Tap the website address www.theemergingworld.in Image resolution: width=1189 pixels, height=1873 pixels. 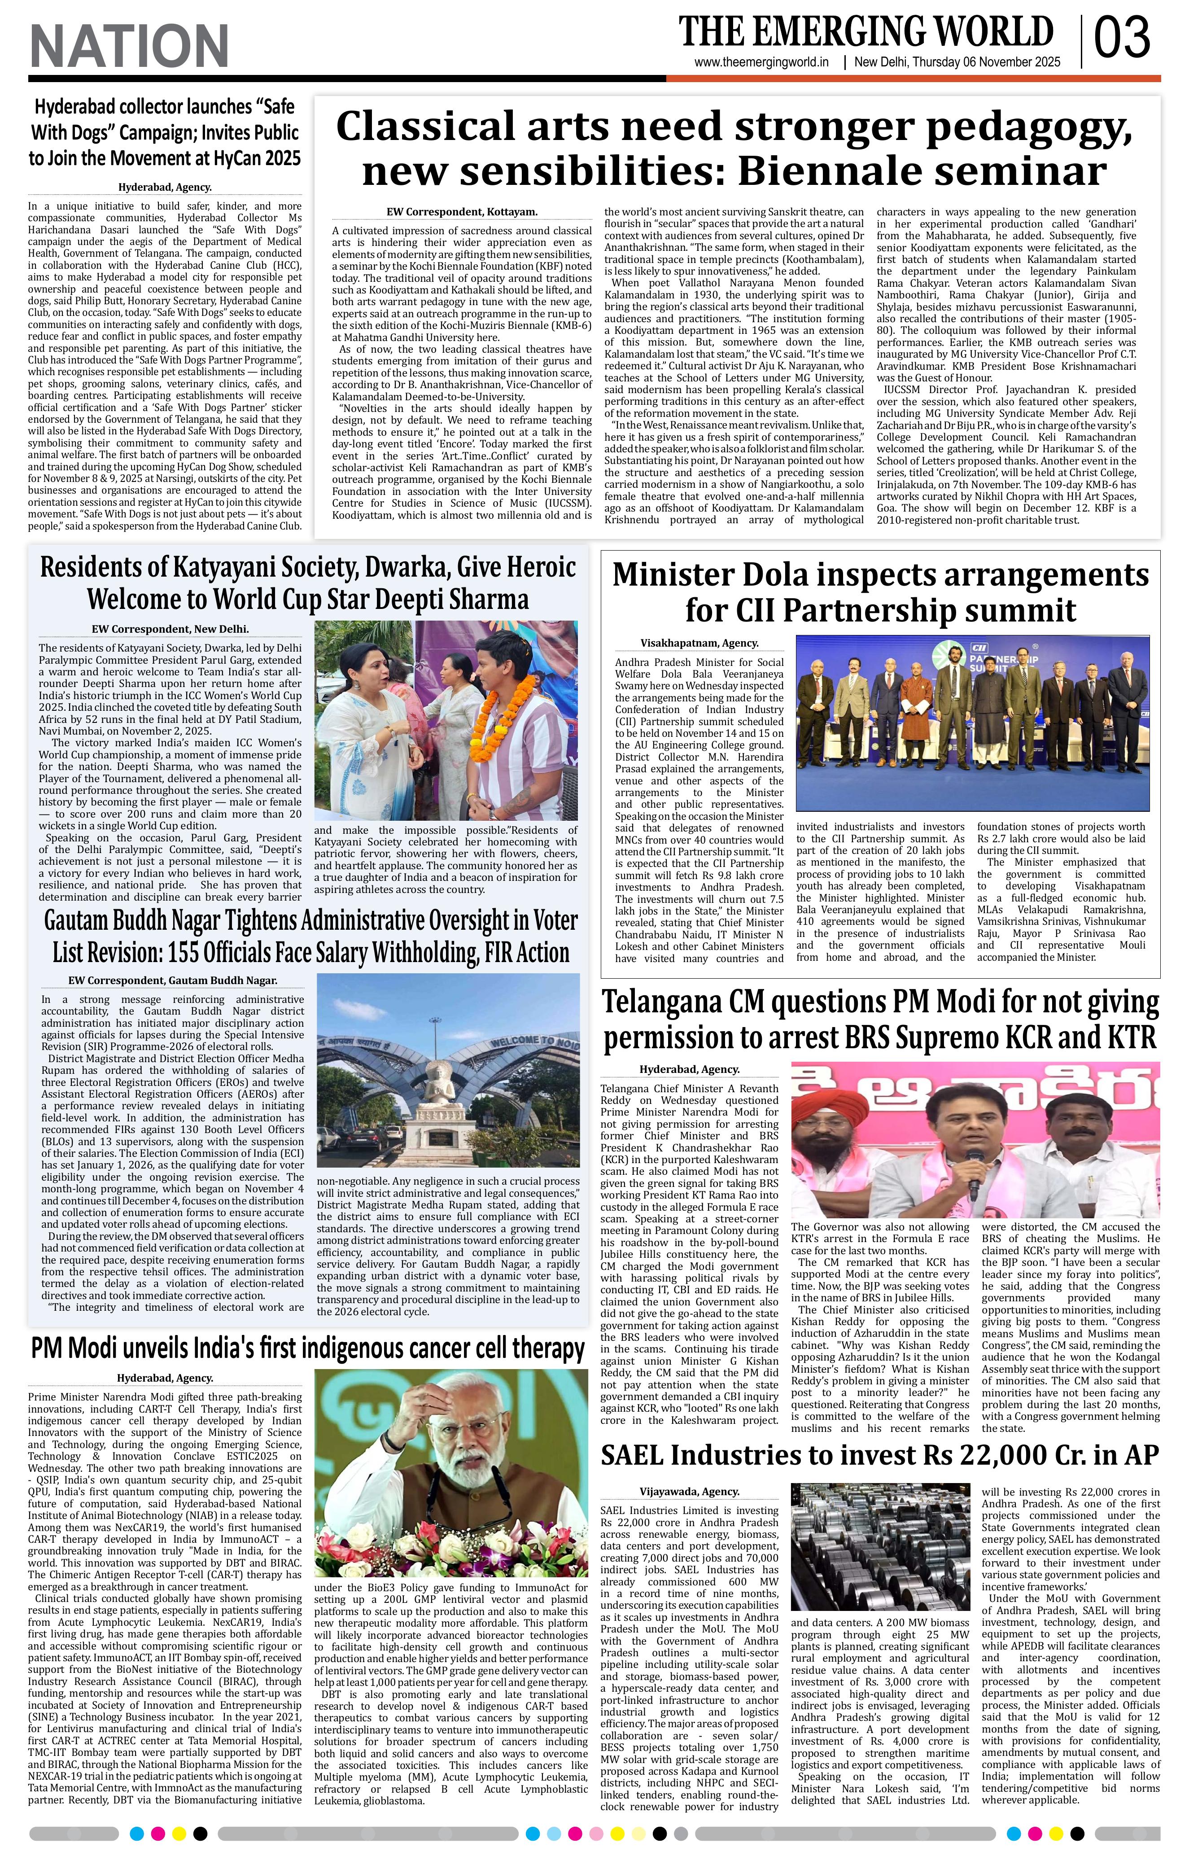(x=761, y=62)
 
